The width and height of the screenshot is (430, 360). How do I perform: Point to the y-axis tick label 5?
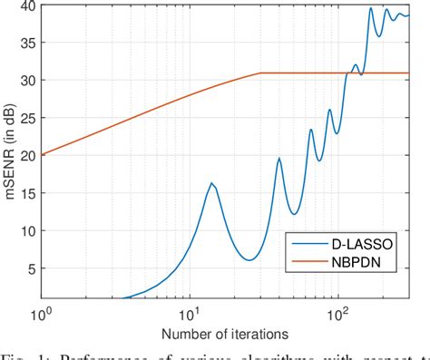click(28, 268)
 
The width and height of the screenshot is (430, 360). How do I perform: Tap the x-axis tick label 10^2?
click(338, 313)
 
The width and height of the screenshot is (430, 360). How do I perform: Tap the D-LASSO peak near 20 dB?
click(279, 159)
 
